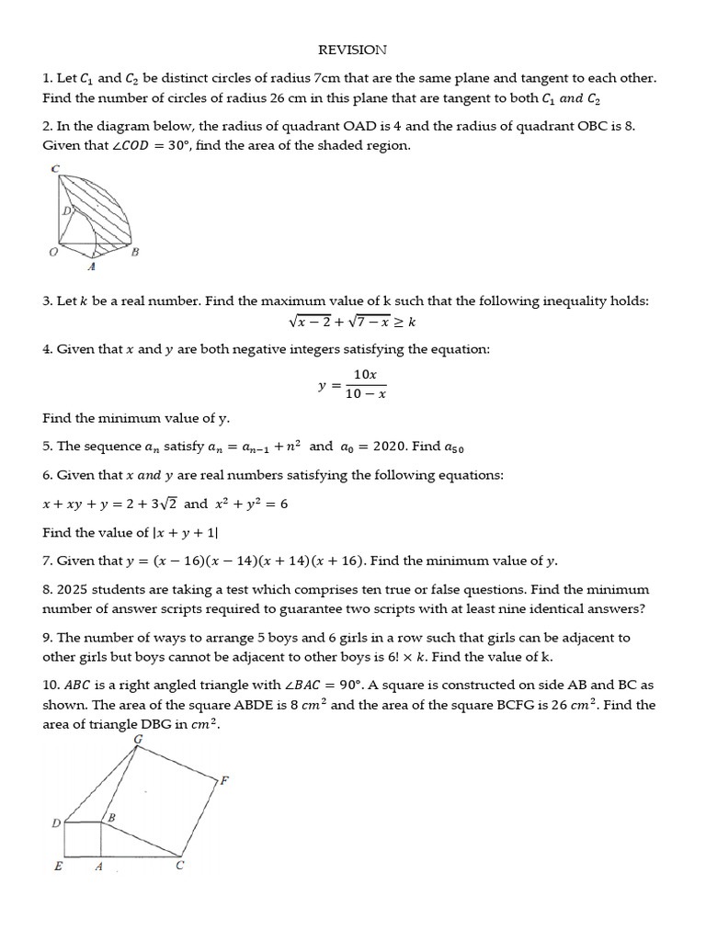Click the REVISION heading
point(352,50)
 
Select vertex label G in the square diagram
point(138,739)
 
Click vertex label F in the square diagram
point(223,780)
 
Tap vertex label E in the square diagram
point(58,867)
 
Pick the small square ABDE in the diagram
point(81,839)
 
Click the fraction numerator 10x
point(365,375)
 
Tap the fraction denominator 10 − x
point(365,393)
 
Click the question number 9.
point(47,637)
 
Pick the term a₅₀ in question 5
point(454,448)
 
